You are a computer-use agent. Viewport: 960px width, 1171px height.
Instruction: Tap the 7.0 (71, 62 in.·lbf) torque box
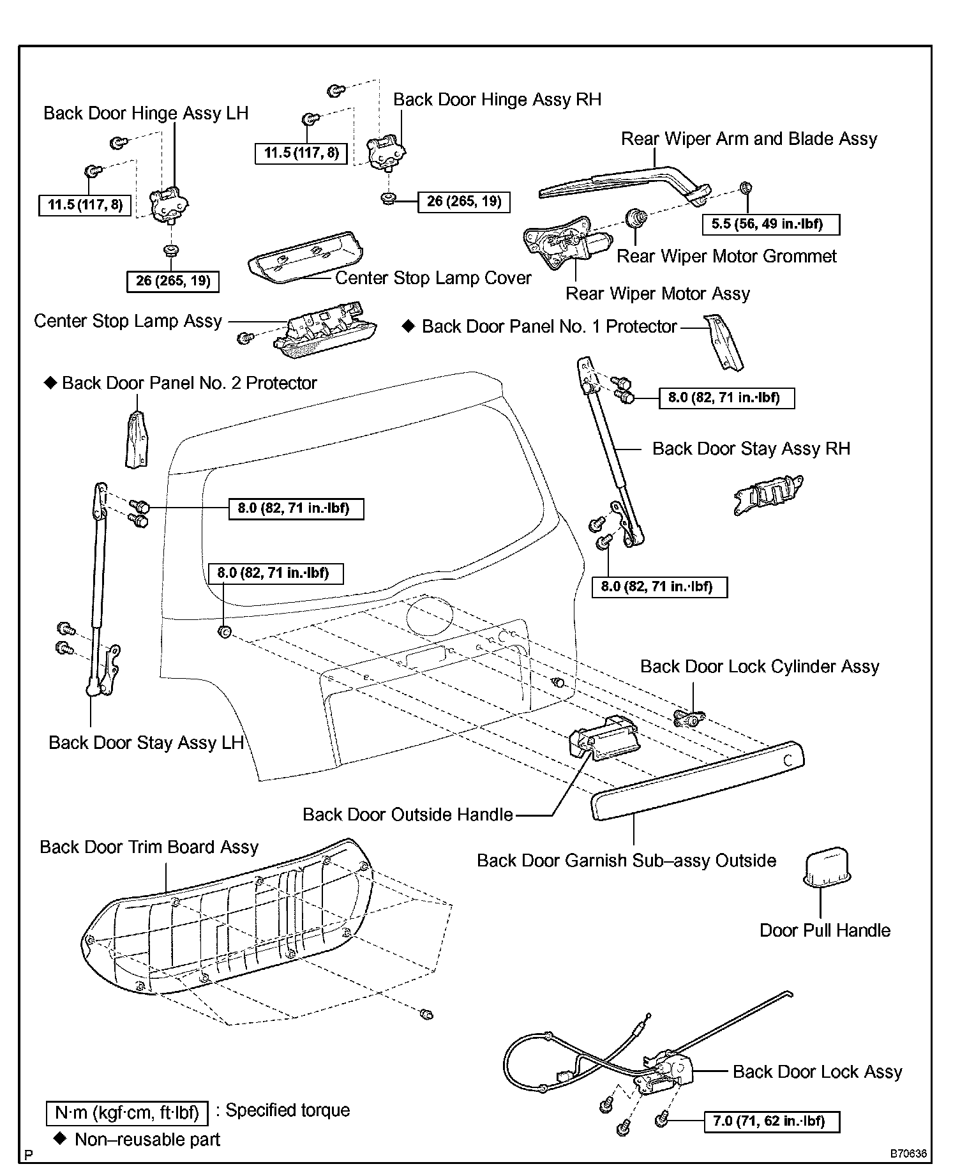click(x=772, y=1121)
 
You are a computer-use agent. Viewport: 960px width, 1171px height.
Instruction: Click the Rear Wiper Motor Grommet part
click(x=636, y=218)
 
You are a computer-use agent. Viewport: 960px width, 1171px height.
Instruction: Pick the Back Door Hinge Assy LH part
click(x=169, y=206)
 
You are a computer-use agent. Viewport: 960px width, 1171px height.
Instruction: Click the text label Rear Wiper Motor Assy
click(x=657, y=294)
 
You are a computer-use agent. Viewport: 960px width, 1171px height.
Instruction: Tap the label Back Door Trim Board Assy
click(x=149, y=847)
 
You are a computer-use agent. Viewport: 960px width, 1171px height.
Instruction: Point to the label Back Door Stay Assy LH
click(x=146, y=743)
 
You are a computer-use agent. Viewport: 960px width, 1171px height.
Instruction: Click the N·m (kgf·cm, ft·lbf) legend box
click(x=127, y=1113)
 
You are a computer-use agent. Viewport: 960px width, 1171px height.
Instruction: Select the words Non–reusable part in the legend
click(x=147, y=1140)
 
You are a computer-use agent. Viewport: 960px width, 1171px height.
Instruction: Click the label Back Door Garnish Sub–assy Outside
click(x=626, y=860)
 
